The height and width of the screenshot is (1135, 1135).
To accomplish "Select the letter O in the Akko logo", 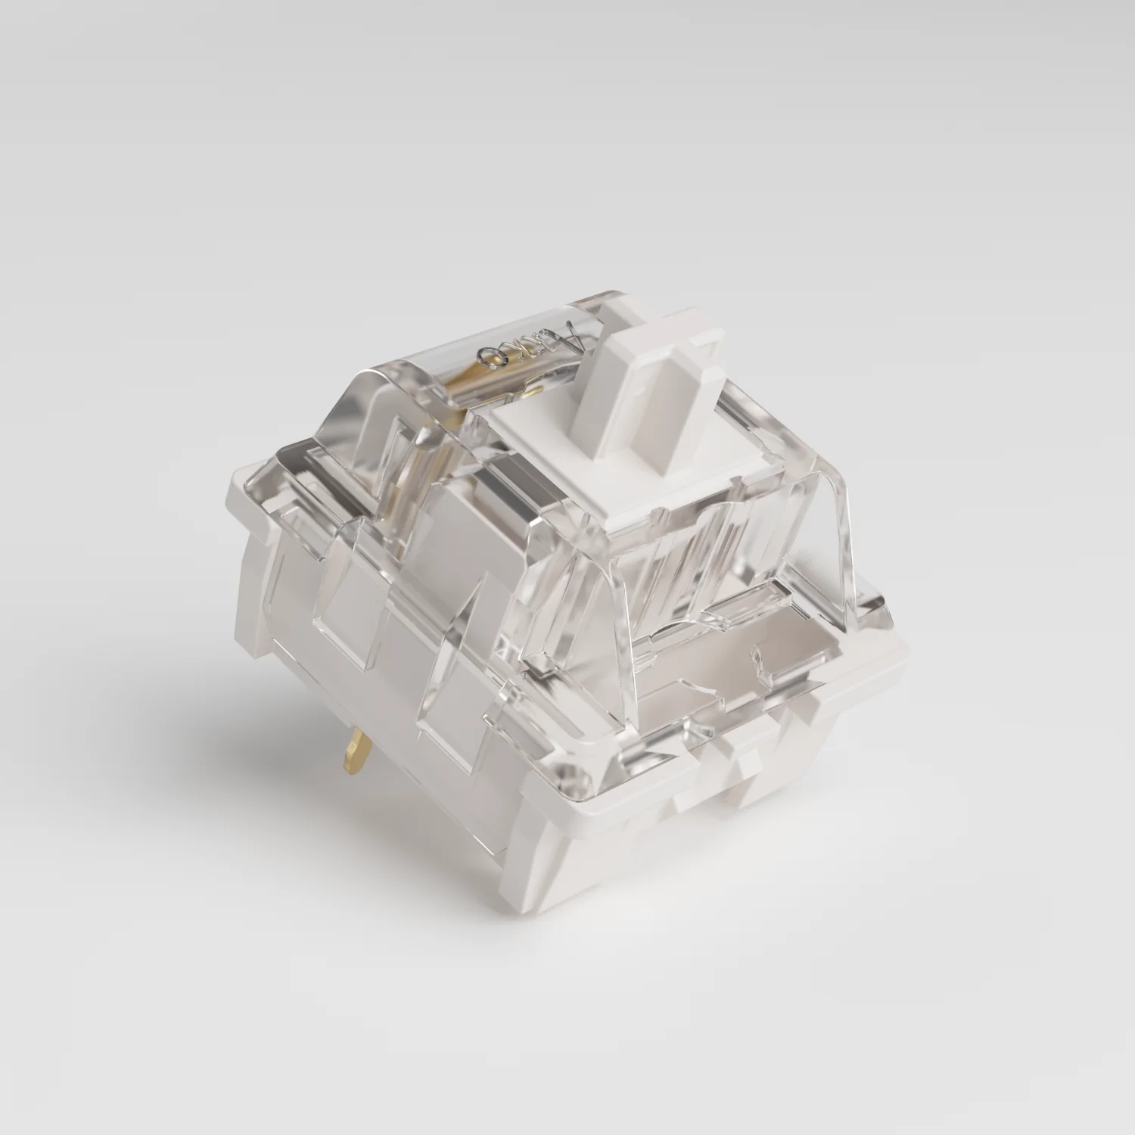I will pos(485,362).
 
